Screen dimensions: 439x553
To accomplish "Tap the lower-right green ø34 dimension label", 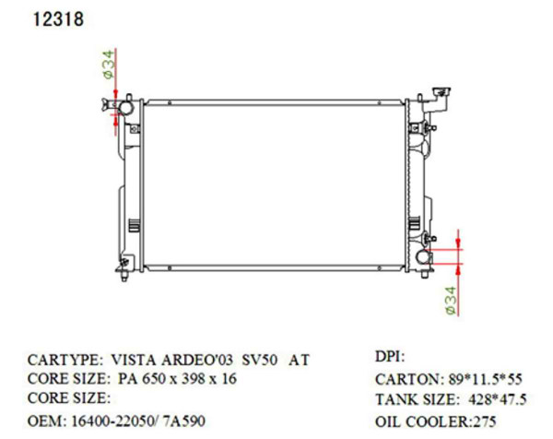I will (x=451, y=302).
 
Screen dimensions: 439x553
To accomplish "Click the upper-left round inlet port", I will (x=124, y=109).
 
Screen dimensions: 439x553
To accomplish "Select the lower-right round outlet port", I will (x=425, y=257).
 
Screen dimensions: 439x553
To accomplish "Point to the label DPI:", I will (x=390, y=356).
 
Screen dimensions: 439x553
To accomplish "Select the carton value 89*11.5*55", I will (x=481, y=379).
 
